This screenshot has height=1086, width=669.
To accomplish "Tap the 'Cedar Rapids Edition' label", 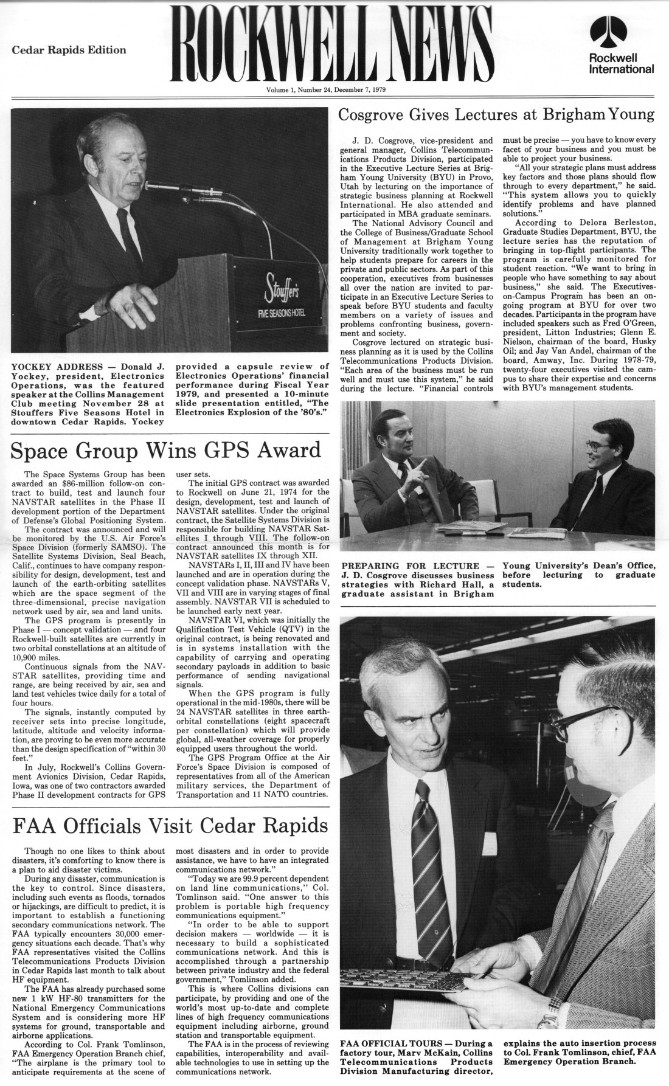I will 69,50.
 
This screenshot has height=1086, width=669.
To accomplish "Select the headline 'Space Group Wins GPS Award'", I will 165,451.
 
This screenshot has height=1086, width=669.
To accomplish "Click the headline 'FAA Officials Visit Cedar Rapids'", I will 170,826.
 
